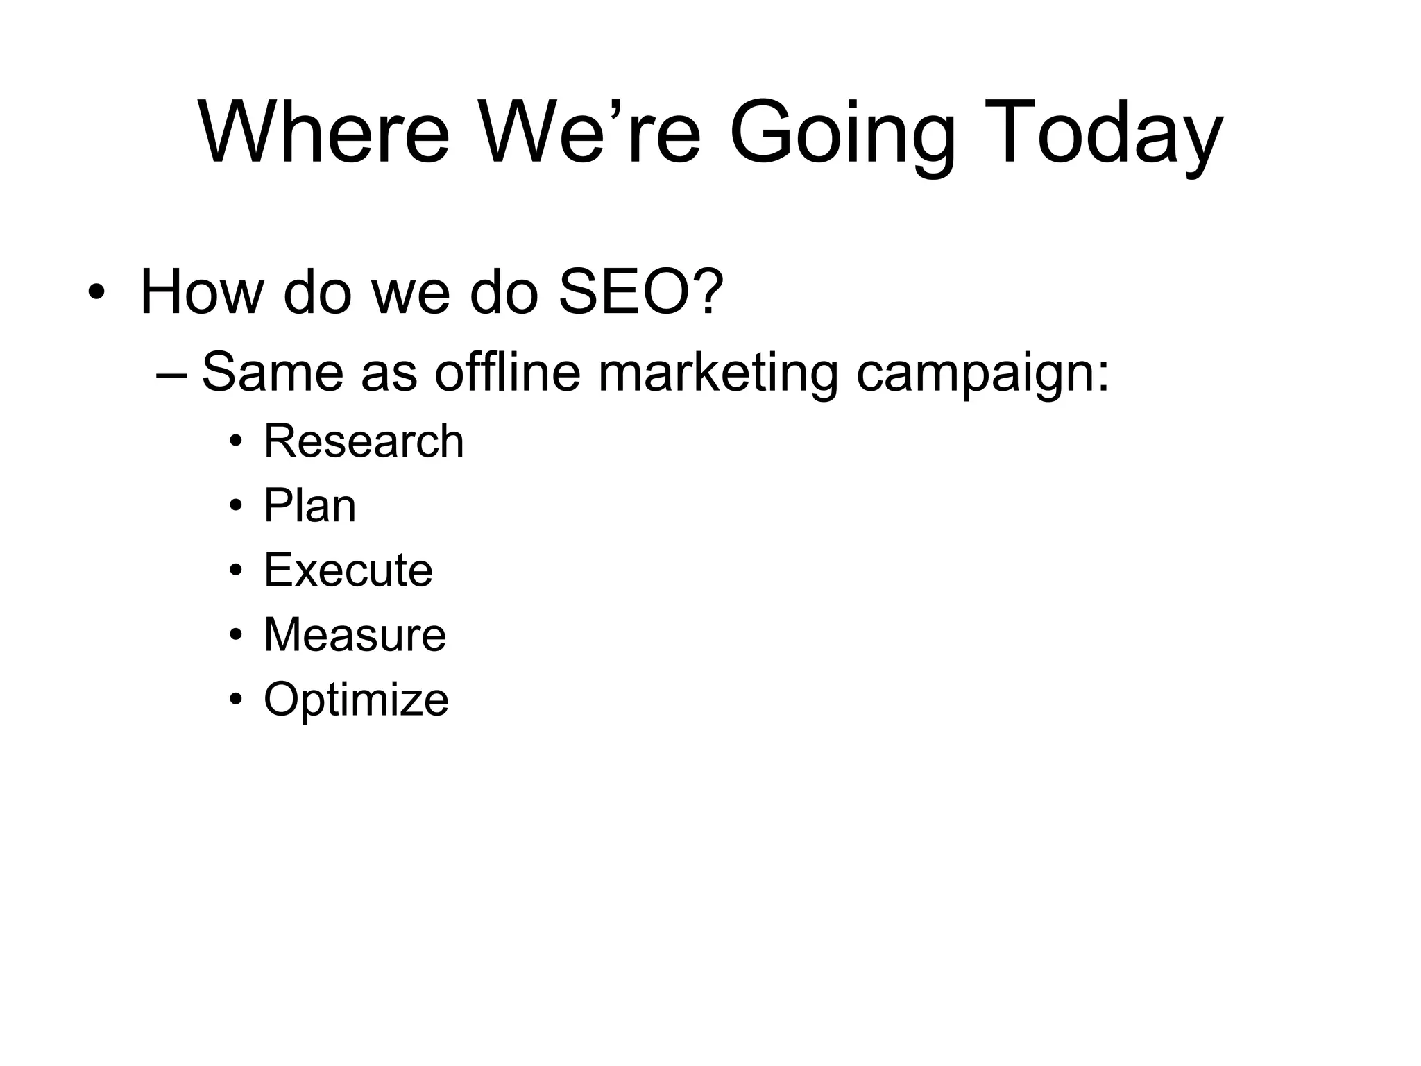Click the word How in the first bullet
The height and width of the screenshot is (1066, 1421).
coord(201,291)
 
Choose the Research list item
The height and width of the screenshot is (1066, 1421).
coord(364,441)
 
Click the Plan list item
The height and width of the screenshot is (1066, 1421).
coord(309,505)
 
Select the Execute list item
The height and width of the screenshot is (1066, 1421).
coord(348,570)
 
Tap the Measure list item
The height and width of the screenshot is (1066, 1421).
coord(355,634)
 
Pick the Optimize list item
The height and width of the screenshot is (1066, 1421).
coord(356,700)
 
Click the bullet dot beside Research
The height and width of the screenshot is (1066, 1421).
coord(237,442)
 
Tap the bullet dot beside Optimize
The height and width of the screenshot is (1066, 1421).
coord(237,700)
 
